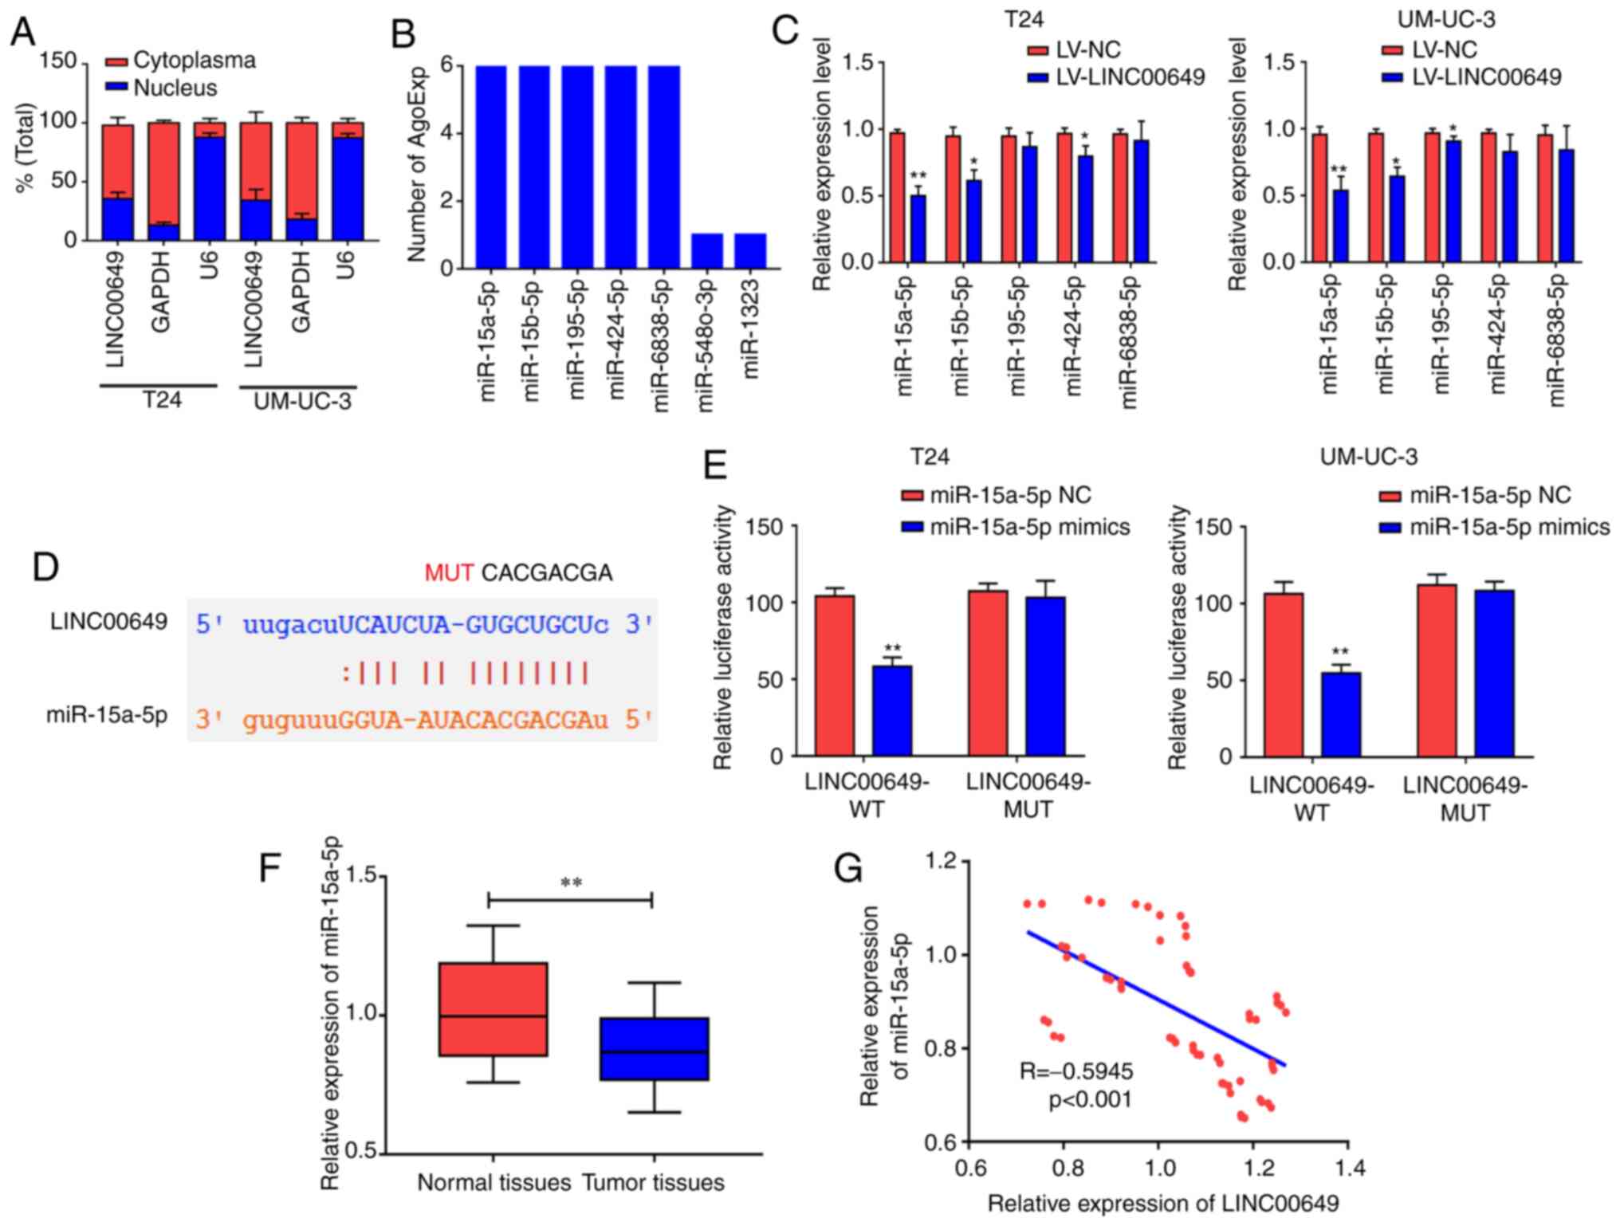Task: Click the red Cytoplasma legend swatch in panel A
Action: point(116,61)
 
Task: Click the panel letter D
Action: point(46,568)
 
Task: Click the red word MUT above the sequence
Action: point(449,572)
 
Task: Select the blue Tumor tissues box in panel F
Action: point(655,1048)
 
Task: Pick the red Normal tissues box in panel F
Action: point(493,1009)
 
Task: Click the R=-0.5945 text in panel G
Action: point(1076,1071)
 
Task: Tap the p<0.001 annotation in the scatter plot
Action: point(1089,1101)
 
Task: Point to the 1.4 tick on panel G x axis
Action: point(1347,1169)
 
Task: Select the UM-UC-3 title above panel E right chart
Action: point(1368,457)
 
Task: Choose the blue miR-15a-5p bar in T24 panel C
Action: point(918,229)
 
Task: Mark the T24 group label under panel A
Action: point(162,400)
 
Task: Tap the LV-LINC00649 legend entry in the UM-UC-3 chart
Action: point(1486,77)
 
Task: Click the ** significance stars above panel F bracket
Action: point(571,882)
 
